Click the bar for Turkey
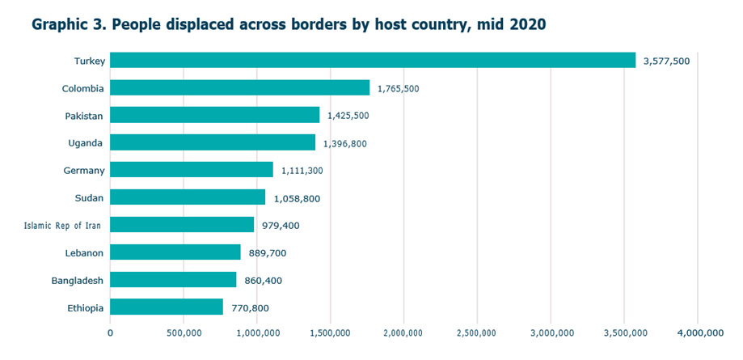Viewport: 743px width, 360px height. click(x=373, y=61)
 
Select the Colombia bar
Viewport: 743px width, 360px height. click(x=239, y=87)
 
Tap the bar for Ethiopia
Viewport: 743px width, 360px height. click(x=167, y=307)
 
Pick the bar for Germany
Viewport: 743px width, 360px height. click(x=192, y=170)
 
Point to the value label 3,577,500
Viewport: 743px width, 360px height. click(x=666, y=61)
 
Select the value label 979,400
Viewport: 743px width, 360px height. click(x=281, y=225)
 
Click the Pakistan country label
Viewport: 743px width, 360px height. click(x=84, y=116)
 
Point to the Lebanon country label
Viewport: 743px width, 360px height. click(x=84, y=253)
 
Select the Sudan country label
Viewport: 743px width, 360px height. click(x=90, y=198)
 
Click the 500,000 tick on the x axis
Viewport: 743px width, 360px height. click(x=184, y=332)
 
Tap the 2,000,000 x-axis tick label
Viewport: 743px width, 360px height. click(x=403, y=332)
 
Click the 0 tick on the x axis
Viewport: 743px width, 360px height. click(x=111, y=332)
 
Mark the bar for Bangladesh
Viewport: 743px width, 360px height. click(x=173, y=280)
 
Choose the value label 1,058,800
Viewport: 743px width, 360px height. click(x=299, y=198)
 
